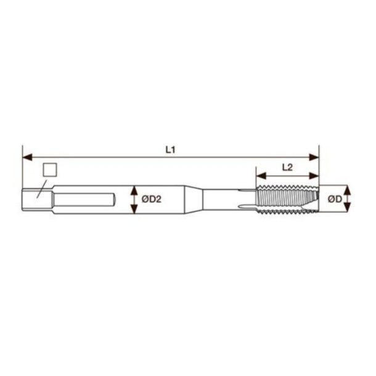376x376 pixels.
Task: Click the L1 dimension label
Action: click(x=171, y=150)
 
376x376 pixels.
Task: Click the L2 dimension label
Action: click(x=287, y=166)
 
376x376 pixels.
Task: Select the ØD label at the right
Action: click(x=335, y=198)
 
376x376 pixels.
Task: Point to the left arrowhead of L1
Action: click(x=26, y=157)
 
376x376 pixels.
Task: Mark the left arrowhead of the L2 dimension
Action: click(x=259, y=174)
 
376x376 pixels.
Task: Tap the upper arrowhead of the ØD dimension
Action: click(x=346, y=189)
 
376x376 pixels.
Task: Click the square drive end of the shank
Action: click(x=31, y=199)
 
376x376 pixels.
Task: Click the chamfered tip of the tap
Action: click(x=314, y=198)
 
